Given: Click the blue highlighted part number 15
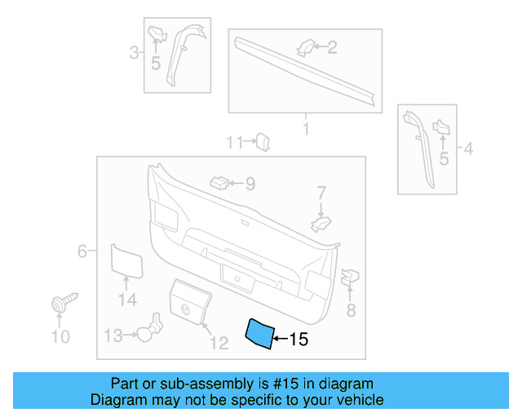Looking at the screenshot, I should pos(260,332).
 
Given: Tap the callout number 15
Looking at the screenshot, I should pos(299,339).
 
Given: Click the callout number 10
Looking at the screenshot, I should pos(60,336).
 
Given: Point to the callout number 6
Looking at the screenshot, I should pos(82,252).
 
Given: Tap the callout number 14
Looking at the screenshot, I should pos(126,301).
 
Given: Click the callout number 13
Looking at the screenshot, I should pos(113,335).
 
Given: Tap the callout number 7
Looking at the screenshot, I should pos(321,193).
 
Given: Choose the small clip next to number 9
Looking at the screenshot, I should pos(219,181).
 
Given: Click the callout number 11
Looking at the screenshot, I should pos(235,143).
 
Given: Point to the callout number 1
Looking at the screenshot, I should pos(306,129).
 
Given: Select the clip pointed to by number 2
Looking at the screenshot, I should pos(303,47).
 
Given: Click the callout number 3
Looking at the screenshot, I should pos(135,54).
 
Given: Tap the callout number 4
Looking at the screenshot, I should pos(467,148).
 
